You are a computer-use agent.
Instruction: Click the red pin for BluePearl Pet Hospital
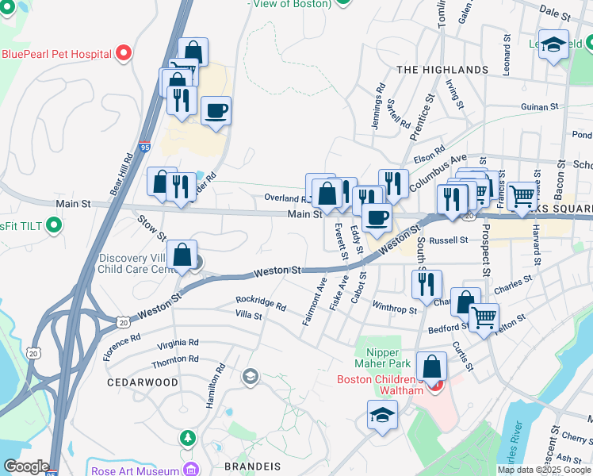[x=123, y=54]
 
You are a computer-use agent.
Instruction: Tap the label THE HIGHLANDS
[x=442, y=70]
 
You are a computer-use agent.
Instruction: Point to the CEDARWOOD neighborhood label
[x=143, y=382]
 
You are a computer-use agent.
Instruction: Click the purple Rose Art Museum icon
[x=189, y=470]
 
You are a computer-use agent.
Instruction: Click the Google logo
[x=26, y=466]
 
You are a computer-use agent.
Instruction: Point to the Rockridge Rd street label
[x=261, y=302]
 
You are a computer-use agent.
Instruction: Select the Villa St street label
[x=249, y=315]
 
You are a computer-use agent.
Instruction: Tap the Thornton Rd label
[x=175, y=359]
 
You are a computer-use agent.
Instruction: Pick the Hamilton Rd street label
[x=211, y=386]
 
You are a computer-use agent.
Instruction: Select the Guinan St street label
[x=541, y=106]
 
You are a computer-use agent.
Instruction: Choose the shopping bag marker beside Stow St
[x=182, y=255]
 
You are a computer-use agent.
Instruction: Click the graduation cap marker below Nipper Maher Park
[x=382, y=415]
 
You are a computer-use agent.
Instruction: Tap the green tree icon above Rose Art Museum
[x=187, y=437]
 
